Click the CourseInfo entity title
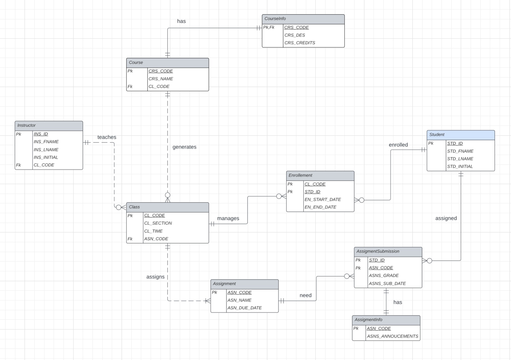(275, 19)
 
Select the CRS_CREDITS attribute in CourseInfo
(300, 43)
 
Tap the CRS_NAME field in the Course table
(161, 79)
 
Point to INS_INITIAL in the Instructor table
(46, 157)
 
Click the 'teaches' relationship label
(107, 137)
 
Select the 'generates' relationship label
(184, 147)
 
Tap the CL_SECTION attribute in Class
(158, 223)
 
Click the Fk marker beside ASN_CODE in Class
(130, 239)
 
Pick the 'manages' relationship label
(228, 218)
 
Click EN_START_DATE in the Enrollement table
(323, 200)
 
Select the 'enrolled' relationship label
(398, 145)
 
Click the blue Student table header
(460, 135)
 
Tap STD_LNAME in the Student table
(460, 159)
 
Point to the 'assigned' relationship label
(446, 218)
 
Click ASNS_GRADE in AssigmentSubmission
(384, 275)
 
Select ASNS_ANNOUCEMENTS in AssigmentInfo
(392, 336)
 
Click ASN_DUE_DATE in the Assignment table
(245, 308)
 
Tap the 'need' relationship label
(305, 295)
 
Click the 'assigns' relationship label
(155, 277)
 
